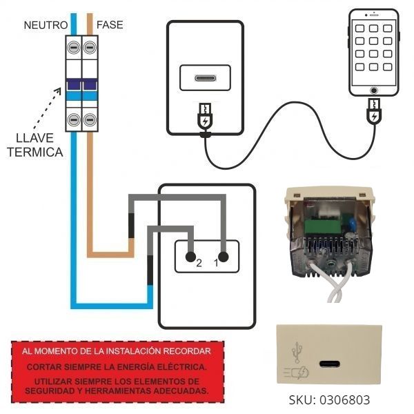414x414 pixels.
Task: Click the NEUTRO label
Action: coord(45,25)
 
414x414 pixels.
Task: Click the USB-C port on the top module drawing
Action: coord(206,77)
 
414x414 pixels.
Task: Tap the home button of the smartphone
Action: coord(374,90)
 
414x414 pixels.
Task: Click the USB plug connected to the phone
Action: coord(374,112)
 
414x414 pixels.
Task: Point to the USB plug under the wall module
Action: coord(205,118)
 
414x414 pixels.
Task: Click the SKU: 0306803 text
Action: coord(329,400)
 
